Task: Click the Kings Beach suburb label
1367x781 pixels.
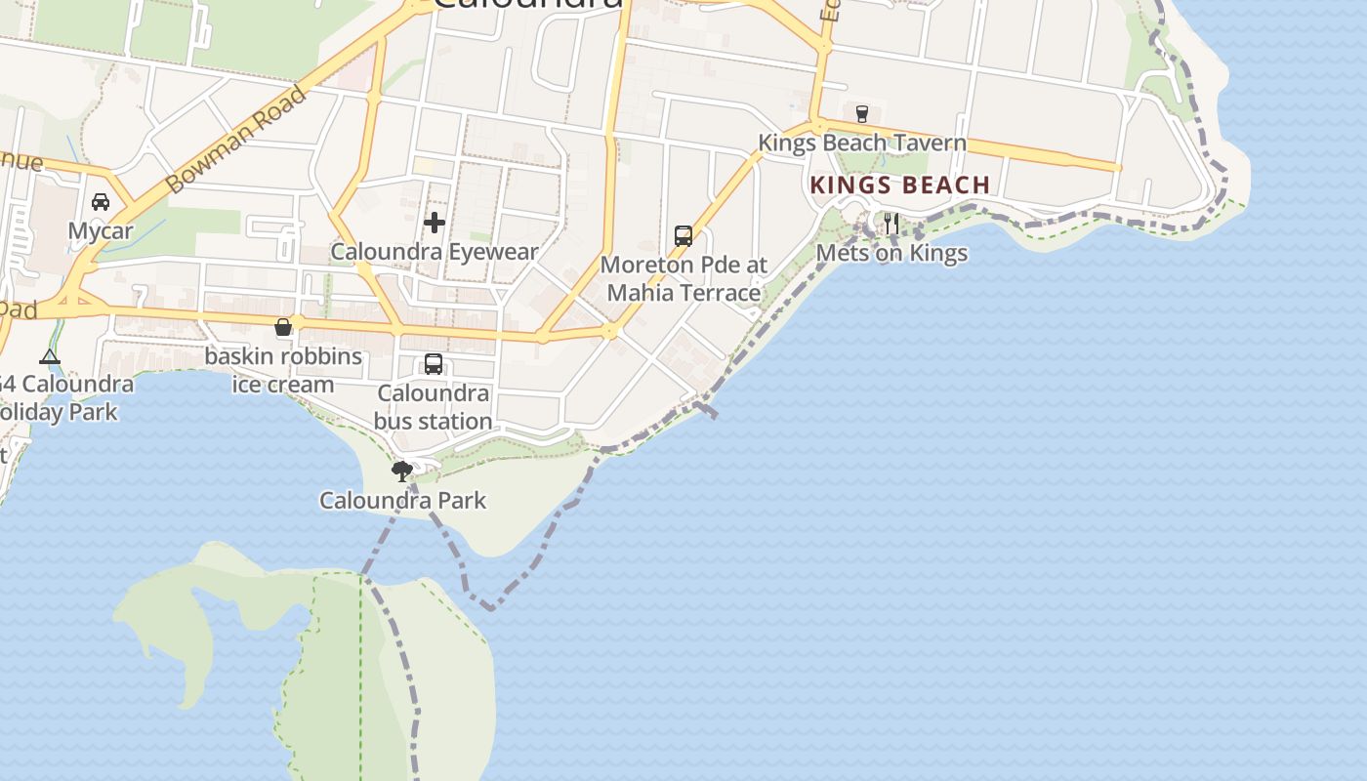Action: tap(899, 185)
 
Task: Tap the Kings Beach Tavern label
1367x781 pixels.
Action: tap(862, 144)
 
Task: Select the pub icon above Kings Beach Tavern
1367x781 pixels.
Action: tap(861, 114)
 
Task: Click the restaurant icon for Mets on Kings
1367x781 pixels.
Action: tap(891, 224)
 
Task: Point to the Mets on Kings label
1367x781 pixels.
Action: tap(891, 254)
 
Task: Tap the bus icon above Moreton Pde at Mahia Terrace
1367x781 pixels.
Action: tap(683, 236)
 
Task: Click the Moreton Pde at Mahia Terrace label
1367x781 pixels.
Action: tap(683, 278)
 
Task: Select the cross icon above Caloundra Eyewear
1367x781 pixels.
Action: tap(435, 223)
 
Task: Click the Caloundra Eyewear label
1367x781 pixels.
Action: tap(435, 252)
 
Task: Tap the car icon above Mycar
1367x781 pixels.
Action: tap(100, 202)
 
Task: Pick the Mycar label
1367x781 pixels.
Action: tap(101, 231)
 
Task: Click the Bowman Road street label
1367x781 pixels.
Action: tap(236, 138)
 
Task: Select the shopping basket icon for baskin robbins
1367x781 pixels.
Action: tap(283, 327)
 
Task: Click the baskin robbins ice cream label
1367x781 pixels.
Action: tap(283, 370)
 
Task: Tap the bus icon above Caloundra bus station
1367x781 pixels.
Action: tap(434, 364)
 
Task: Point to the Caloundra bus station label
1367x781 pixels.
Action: tap(434, 407)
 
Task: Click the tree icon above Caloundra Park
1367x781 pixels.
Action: tap(401, 472)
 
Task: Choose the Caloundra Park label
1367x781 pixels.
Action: tap(402, 501)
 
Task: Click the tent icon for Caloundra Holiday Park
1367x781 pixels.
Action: tap(50, 356)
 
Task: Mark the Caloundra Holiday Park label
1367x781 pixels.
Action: tap(63, 397)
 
